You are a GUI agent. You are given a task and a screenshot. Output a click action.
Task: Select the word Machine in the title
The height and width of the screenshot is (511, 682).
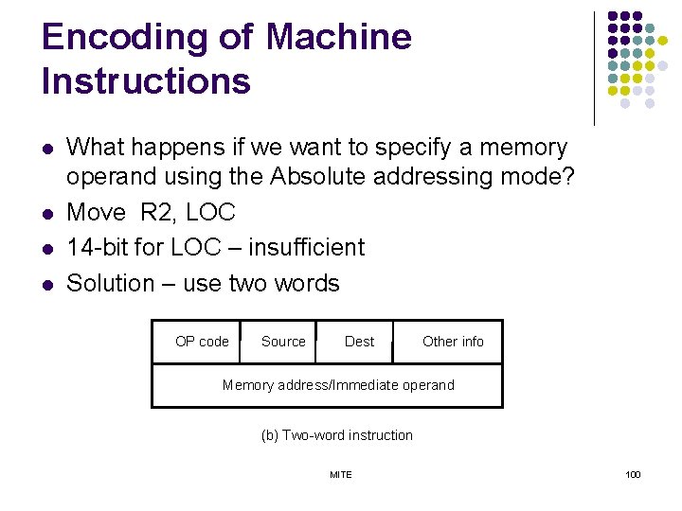pos(339,38)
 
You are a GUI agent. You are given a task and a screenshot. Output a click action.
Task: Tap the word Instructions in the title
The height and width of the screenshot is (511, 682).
pos(146,81)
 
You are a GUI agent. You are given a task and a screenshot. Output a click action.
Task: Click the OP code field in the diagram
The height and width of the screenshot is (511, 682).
pos(202,342)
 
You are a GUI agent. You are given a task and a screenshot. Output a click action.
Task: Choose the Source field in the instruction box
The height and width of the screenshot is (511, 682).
pos(283,342)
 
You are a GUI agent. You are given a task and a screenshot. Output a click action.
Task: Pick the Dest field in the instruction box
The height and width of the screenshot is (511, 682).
pos(359,342)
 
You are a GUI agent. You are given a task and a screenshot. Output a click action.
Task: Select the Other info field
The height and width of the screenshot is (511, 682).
pos(453,342)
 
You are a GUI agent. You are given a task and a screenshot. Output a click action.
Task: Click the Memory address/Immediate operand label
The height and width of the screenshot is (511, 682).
pos(338,385)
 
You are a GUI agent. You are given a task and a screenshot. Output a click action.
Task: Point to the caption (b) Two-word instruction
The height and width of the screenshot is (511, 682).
pos(336,435)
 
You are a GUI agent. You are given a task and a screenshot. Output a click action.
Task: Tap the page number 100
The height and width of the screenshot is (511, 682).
pos(633,474)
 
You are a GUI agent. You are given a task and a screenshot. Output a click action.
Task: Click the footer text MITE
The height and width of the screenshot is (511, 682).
pos(340,474)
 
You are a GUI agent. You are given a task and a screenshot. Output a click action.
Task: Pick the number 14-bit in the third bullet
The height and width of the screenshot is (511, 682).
pos(96,248)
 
